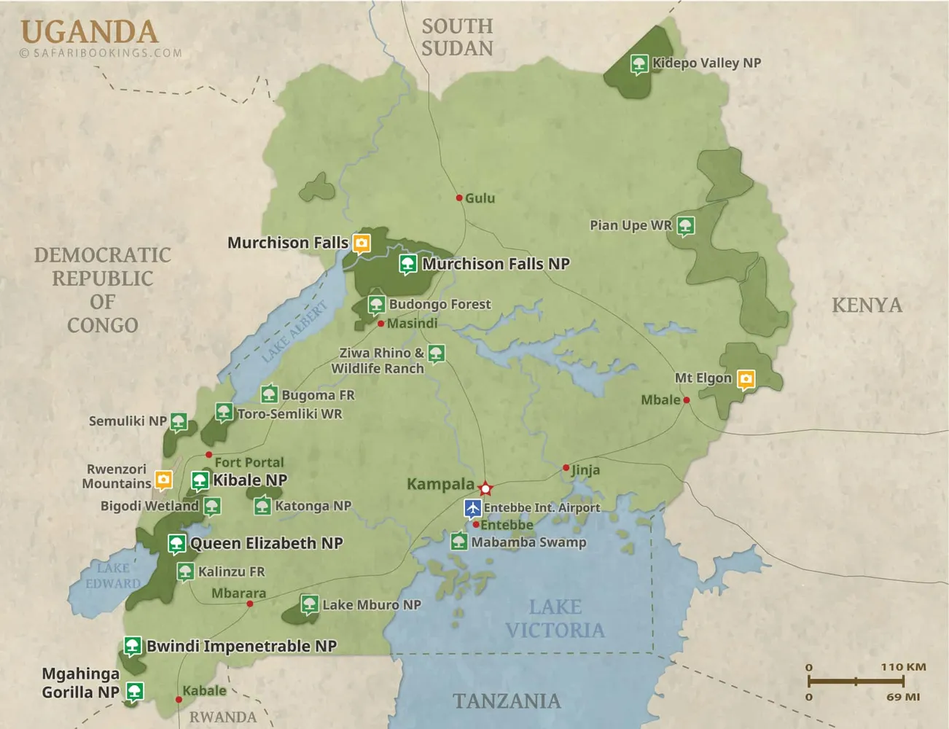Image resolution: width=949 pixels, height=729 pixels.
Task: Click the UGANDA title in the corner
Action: point(89,32)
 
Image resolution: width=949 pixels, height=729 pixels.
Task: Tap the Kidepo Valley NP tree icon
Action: point(639,63)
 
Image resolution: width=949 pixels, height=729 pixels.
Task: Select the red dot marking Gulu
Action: point(459,198)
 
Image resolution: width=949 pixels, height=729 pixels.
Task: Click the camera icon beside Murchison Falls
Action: point(362,243)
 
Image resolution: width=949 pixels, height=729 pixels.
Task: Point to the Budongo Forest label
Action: point(440,304)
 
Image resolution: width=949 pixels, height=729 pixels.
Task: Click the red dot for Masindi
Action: point(380,324)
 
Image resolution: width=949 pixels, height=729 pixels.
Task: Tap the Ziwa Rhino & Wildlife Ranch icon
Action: point(436,354)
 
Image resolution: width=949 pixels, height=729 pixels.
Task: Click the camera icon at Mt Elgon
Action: point(745,378)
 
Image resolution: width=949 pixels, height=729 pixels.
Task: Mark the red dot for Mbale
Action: point(686,399)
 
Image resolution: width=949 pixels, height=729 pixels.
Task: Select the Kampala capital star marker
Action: point(485,488)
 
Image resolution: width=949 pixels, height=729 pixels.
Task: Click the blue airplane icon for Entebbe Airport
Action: point(473,507)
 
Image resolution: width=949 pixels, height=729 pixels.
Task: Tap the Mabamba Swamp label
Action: point(528,542)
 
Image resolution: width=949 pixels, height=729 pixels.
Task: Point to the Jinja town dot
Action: point(566,467)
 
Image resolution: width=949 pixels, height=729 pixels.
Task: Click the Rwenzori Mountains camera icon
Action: point(163,479)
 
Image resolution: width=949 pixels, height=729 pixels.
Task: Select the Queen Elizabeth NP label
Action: point(266,544)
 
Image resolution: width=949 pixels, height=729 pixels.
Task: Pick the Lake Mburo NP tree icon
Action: point(310,604)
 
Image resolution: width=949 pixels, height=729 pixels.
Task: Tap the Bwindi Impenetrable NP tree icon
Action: point(132,645)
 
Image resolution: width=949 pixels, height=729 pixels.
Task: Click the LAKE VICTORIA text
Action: point(555,618)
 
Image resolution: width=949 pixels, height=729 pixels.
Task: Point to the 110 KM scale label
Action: point(902,667)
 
